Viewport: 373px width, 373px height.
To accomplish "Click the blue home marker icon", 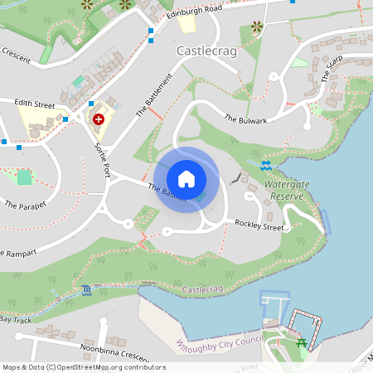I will pyautogui.click(x=186, y=179).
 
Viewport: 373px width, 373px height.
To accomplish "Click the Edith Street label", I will pyautogui.click(x=33, y=105).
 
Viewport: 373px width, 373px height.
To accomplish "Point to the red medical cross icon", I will pyautogui.click(x=99, y=119).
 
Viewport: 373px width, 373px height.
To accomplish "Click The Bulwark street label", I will pyautogui.click(x=246, y=119).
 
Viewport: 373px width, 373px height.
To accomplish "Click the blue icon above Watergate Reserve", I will pyautogui.click(x=265, y=166).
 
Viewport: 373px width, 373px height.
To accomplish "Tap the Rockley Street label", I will pyautogui.click(x=259, y=224).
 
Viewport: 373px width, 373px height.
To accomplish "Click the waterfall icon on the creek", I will pyautogui.click(x=87, y=290).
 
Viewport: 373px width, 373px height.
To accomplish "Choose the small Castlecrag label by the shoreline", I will pyautogui.click(x=203, y=289).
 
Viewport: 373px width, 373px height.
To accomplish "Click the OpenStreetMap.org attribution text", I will pyautogui.click(x=98, y=366).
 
